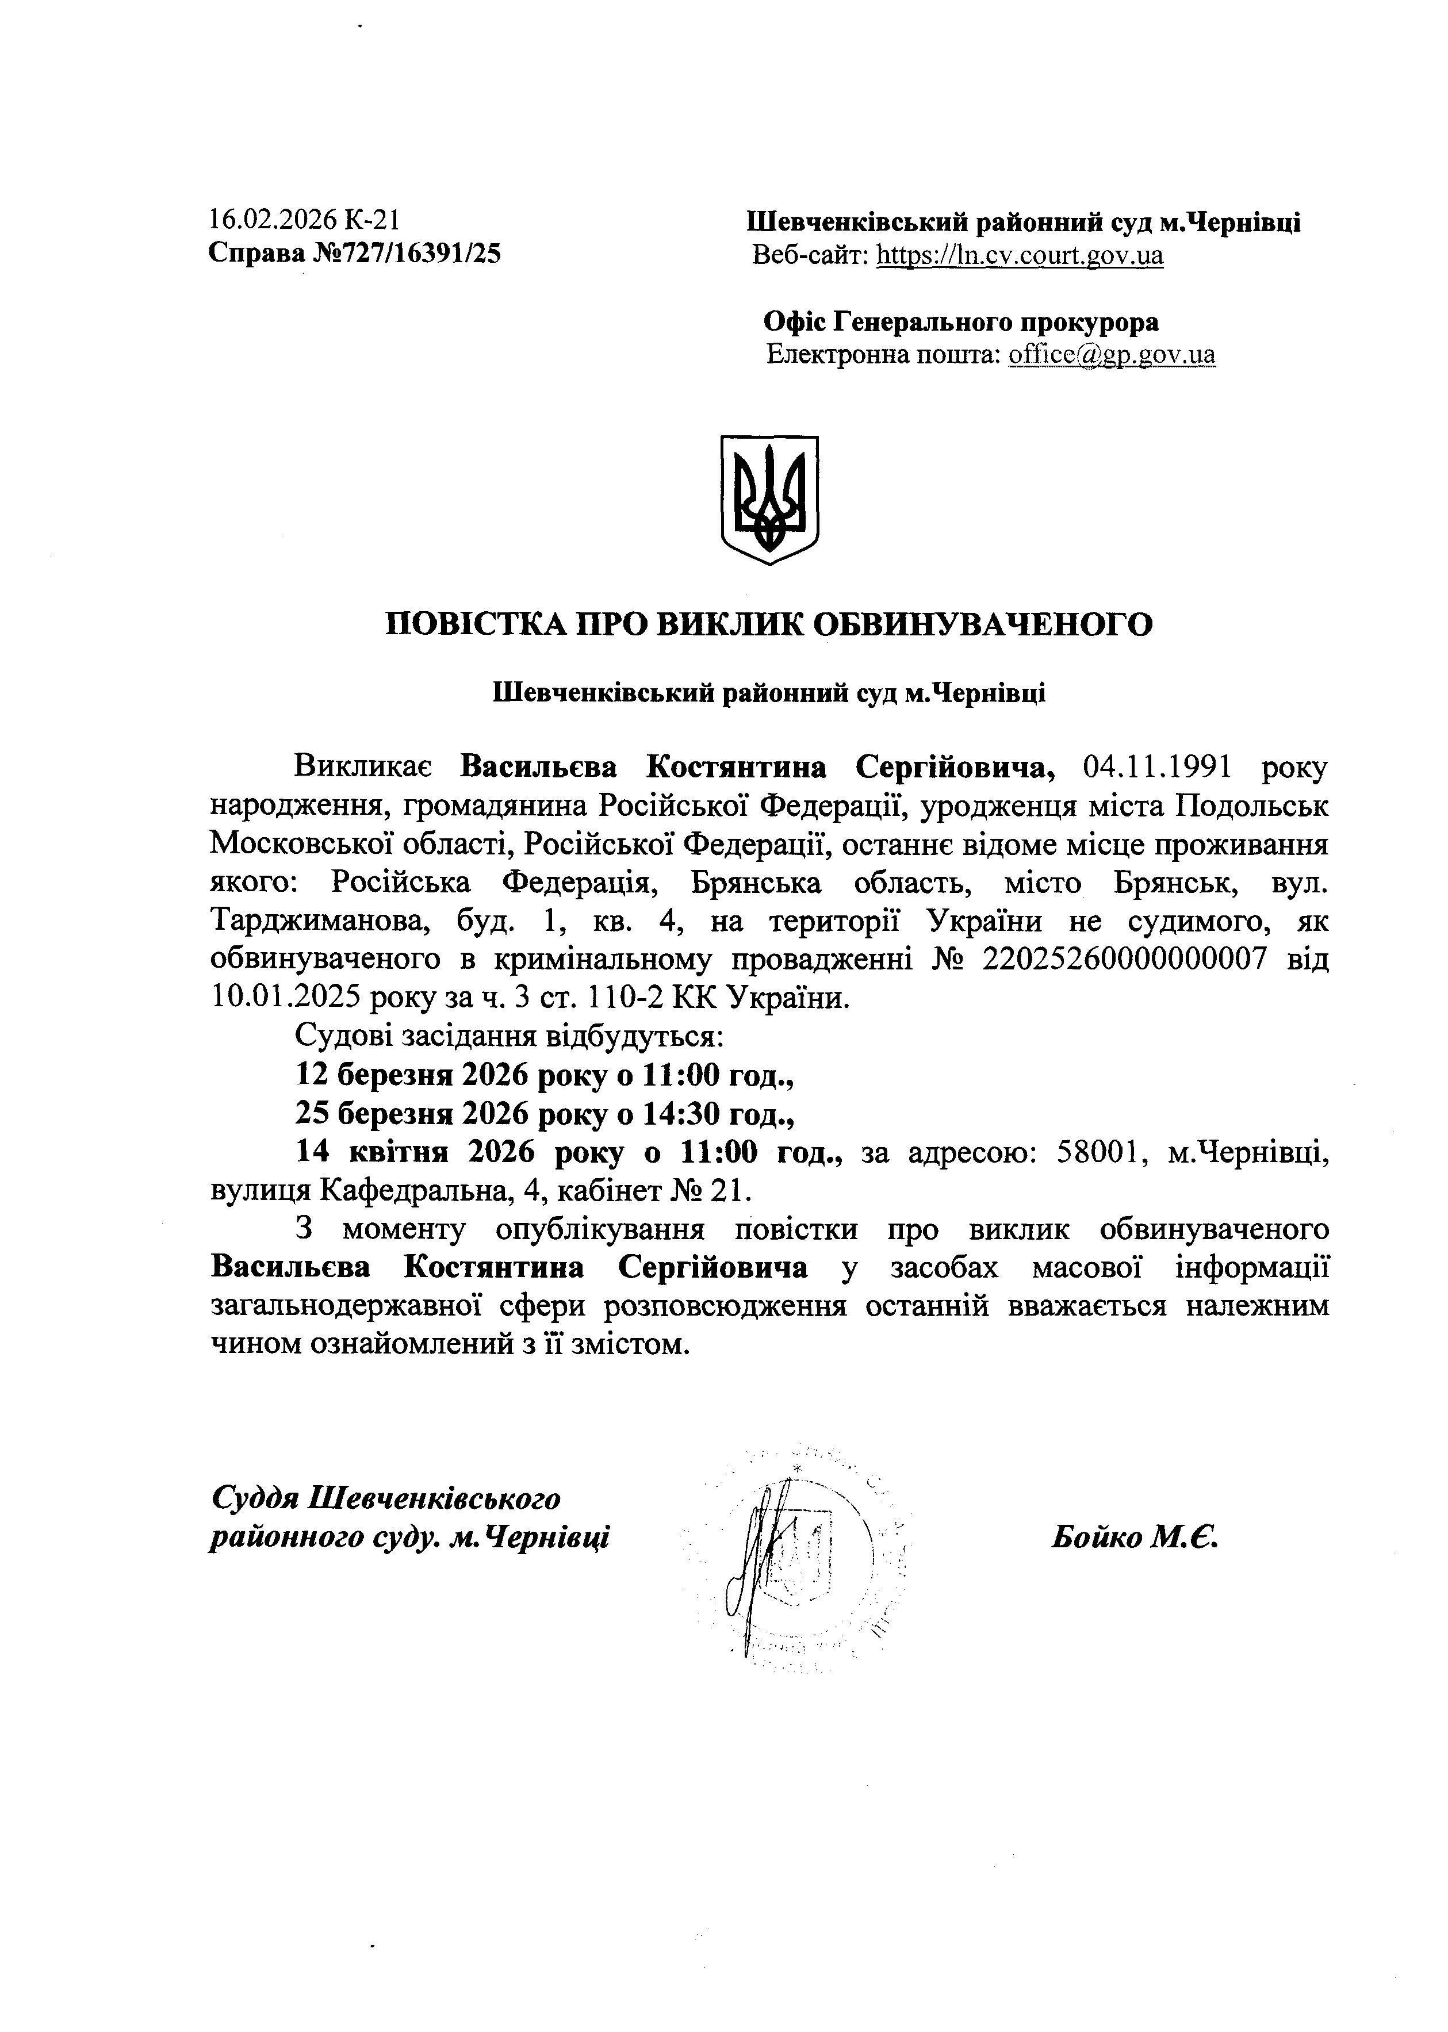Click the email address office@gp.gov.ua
pos(1111,355)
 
